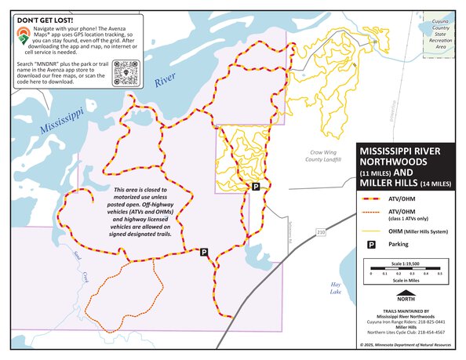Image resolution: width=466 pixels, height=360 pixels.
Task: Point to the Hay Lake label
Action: click(337, 289)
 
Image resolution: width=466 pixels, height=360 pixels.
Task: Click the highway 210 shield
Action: click(321, 233)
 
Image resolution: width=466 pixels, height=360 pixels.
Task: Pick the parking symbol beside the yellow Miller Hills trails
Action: click(255, 187)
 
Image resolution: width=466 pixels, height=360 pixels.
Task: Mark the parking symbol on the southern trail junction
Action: click(204, 253)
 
